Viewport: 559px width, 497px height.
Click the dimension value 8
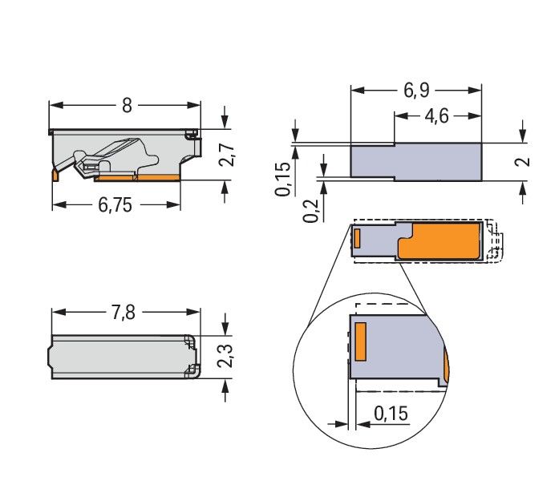pyautogui.click(x=126, y=106)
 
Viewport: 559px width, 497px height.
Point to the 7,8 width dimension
pyautogui.click(x=124, y=313)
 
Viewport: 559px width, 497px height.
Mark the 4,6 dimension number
pyautogui.click(x=436, y=117)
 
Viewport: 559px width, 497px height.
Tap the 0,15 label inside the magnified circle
pyautogui.click(x=391, y=414)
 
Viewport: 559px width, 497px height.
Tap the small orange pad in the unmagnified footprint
pyautogui.click(x=358, y=237)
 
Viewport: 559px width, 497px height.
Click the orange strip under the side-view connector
pyautogui.click(x=156, y=176)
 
